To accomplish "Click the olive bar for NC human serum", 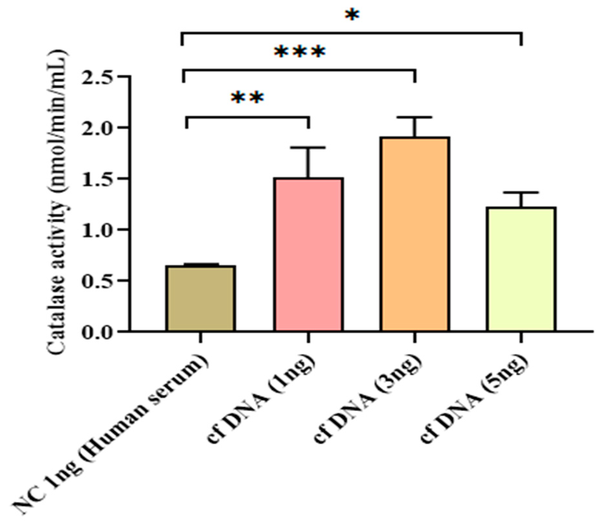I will [201, 298].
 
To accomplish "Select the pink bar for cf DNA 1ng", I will [308, 254].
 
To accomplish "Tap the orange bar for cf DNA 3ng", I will [415, 234].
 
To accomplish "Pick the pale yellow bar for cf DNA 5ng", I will [521, 269].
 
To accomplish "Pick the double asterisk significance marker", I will [248, 98].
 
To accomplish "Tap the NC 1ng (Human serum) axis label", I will [110, 435].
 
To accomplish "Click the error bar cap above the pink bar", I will [308, 148].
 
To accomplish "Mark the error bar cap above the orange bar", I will [415, 117].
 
